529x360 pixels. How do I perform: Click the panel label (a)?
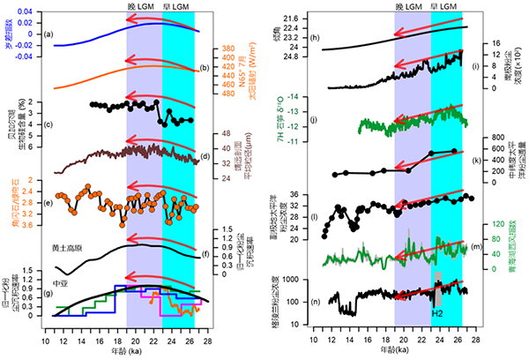pyautogui.click(x=51, y=34)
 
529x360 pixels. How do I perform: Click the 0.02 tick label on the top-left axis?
pyautogui.click(x=25, y=11)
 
